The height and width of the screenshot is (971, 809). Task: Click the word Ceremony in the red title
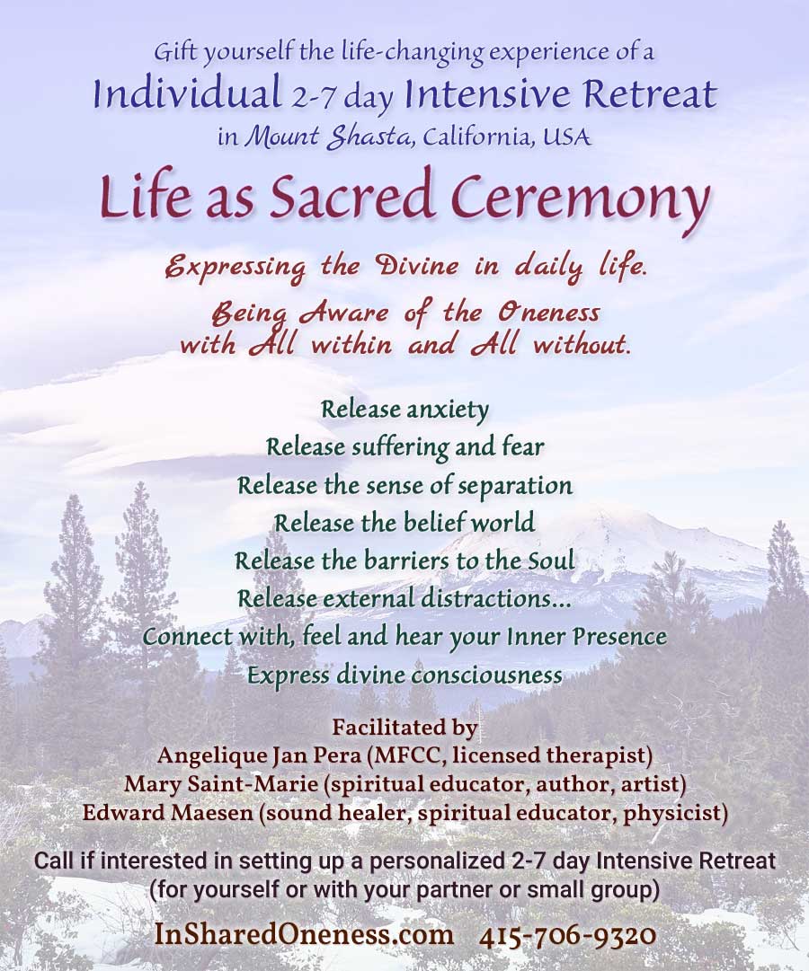[580, 196]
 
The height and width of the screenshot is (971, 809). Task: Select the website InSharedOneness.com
[304, 934]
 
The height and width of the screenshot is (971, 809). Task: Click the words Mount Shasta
[329, 137]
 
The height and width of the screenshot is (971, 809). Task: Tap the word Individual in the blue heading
[187, 94]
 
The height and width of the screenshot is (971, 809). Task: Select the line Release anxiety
[404, 410]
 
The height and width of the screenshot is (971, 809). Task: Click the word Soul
[551, 561]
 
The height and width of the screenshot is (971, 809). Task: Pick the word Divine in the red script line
[419, 266]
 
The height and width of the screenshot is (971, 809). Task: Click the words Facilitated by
[404, 728]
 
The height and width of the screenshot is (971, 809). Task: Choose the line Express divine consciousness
[404, 675]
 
